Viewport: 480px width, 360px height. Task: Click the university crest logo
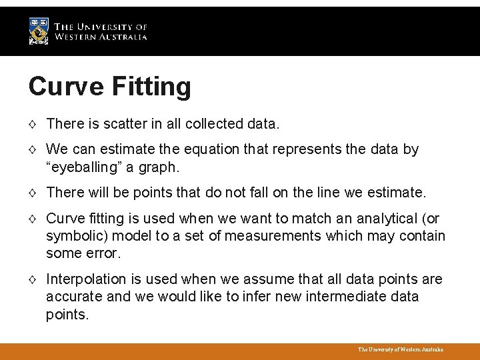(x=39, y=31)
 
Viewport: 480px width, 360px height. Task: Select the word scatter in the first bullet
(x=125, y=124)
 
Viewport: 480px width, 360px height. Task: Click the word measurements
(x=263, y=236)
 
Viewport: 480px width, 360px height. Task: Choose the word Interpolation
(x=85, y=279)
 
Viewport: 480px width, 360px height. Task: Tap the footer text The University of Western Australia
(x=400, y=349)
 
